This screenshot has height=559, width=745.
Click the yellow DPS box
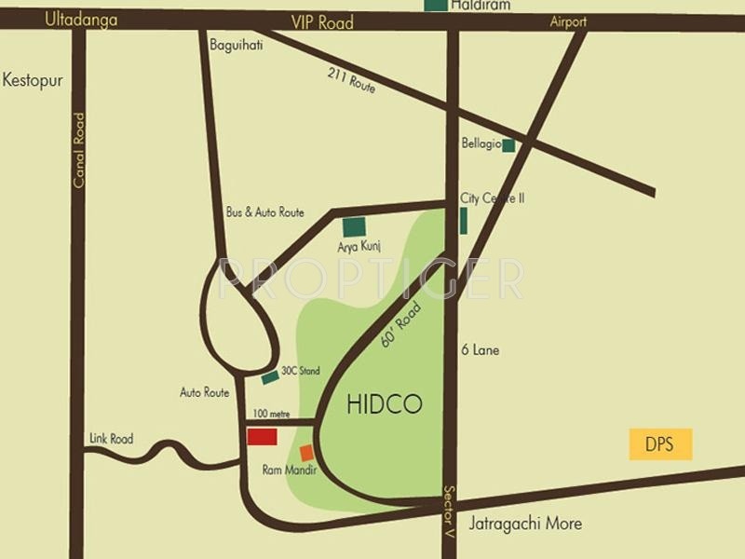[661, 443]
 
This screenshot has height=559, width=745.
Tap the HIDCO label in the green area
[385, 404]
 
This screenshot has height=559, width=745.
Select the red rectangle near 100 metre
[262, 437]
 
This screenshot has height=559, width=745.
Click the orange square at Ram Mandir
[306, 453]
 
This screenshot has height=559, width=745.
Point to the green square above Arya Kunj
[354, 226]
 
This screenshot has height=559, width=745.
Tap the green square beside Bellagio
[508, 145]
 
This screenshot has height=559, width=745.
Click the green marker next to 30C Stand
[270, 376]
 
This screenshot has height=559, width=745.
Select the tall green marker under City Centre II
[463, 221]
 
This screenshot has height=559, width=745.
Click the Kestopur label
[33, 80]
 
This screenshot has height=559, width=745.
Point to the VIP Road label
[322, 22]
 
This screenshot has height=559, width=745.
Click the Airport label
[568, 21]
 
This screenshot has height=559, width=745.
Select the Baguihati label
[237, 43]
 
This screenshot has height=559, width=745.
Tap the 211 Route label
[351, 81]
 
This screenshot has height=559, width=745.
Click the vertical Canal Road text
[79, 150]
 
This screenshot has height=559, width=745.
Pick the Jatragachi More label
[525, 523]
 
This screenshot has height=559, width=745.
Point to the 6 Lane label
[481, 350]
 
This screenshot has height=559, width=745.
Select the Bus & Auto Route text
[265, 212]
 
